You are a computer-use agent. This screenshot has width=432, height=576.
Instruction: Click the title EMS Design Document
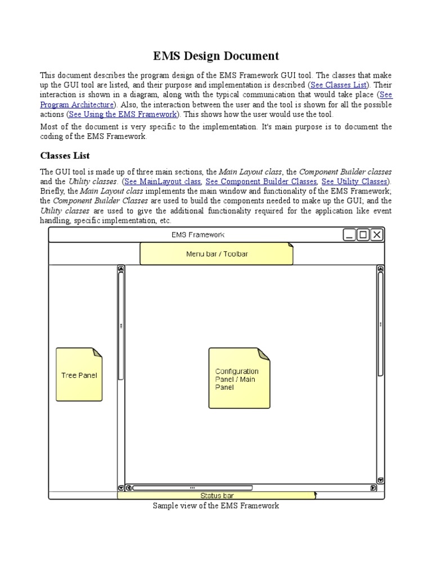coord(216,56)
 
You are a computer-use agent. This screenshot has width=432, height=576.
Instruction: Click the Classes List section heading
coord(65,155)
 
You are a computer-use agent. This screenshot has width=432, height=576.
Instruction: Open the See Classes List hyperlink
coord(337,85)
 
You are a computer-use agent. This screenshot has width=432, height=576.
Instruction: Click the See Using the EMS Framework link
coord(123,114)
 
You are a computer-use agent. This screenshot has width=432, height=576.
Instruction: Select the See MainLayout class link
coord(162,181)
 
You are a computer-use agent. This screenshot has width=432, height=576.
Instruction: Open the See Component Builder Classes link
coord(261,181)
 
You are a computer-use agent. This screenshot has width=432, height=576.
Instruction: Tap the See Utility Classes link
coord(354,181)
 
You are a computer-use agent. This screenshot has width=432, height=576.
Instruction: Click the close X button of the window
coord(377,235)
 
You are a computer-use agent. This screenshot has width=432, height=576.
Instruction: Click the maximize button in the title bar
coord(363,235)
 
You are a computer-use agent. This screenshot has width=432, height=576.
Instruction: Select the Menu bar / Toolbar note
coord(217,254)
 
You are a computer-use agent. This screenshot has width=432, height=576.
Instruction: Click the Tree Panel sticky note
coord(79,375)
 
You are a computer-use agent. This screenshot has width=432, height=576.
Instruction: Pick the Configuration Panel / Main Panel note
coord(238,378)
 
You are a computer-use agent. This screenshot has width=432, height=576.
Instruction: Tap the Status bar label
coord(217,496)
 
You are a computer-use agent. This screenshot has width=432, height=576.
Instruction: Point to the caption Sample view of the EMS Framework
coord(216,506)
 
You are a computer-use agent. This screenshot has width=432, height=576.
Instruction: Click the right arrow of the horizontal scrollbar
coord(372,488)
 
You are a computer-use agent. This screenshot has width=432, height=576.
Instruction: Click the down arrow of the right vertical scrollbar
coord(380,480)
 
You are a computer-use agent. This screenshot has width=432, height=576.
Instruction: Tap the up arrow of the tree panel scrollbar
coord(121,269)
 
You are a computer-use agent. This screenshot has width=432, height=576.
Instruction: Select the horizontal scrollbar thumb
coord(192,488)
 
